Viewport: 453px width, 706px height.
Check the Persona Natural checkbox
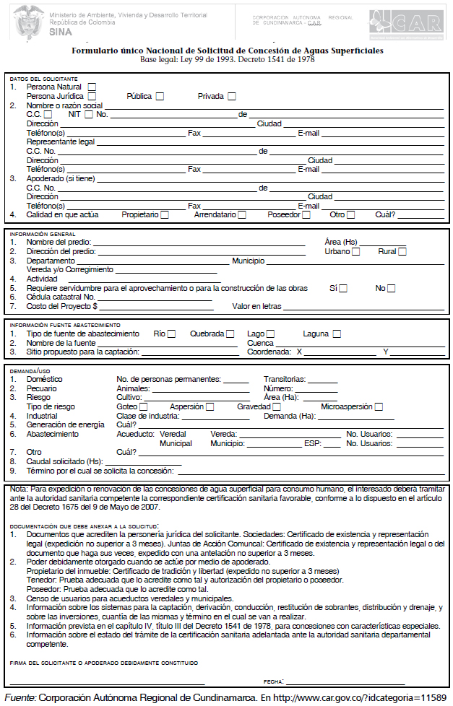tap(92, 87)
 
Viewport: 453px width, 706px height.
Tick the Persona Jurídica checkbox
tap(92, 96)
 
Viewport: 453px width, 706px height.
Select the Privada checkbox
tap(232, 96)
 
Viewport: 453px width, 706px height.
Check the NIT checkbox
tap(89, 114)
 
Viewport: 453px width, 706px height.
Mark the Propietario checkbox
tap(165, 214)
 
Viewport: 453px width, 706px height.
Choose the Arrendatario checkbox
tap(242, 214)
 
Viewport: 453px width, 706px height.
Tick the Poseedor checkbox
tap(306, 214)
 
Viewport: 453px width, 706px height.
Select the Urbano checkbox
tap(356, 251)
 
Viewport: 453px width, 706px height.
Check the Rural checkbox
tap(402, 251)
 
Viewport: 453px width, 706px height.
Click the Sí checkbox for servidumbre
tap(343, 288)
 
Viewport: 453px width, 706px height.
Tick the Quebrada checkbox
tap(230, 334)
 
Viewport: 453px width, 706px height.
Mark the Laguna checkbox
tap(337, 334)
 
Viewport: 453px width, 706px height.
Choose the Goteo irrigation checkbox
tap(143, 406)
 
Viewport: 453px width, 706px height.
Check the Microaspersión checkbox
tap(379, 406)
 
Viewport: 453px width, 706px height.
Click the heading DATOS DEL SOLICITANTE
tap(43, 78)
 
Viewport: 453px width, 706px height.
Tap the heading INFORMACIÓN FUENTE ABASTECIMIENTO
tap(65, 325)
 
